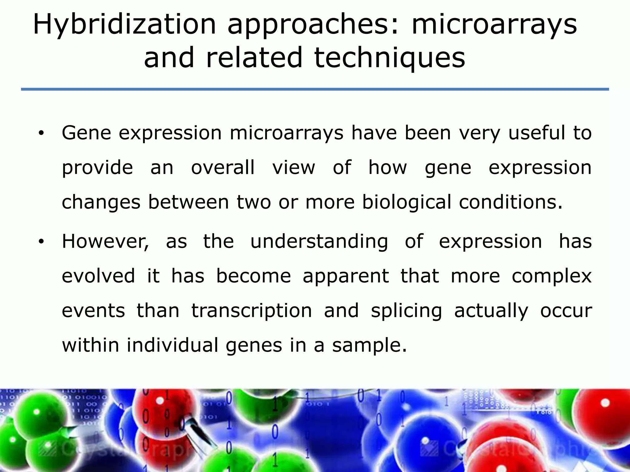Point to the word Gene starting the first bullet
coord(86,133)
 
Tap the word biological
coord(406,202)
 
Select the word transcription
coord(251,310)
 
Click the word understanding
coord(319,242)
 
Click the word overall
coord(223,167)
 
